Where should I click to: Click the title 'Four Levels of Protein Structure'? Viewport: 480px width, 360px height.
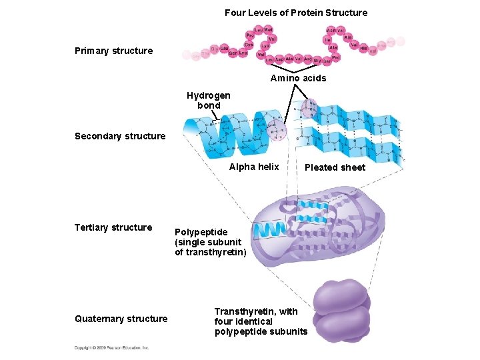coord(295,13)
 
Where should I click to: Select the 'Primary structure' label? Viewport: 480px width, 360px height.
coord(113,51)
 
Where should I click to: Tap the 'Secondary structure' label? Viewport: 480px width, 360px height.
coord(120,136)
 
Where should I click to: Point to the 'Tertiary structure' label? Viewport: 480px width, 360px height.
coord(113,227)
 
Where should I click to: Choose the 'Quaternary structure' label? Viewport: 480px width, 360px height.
coord(121,319)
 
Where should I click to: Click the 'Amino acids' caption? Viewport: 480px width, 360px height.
coord(298,78)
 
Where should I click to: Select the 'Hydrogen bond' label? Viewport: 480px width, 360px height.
coord(208,101)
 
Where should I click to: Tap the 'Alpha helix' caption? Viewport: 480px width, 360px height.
coord(254,167)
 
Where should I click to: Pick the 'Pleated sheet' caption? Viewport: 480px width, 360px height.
coord(335,167)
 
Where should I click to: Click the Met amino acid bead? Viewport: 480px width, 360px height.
coord(268,29)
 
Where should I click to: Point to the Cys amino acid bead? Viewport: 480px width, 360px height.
coord(248,45)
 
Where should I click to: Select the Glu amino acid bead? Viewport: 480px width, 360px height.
coord(225,49)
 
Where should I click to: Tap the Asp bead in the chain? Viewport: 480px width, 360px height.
coord(279,59)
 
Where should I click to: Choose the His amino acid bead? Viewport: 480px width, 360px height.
coord(363,48)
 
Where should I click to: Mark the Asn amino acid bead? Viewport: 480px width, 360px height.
coord(331,30)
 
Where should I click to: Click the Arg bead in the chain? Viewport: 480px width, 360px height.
coord(307,59)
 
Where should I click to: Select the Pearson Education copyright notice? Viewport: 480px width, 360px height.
coord(112,347)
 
